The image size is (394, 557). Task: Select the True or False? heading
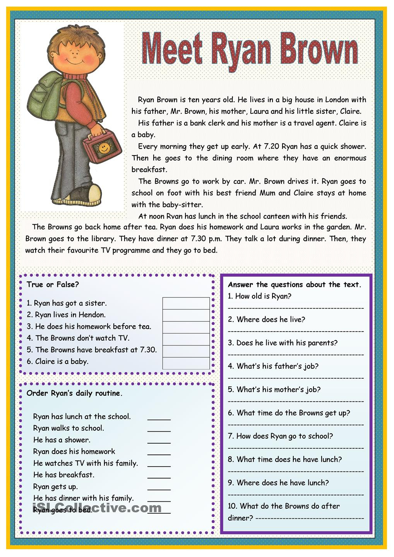(53, 285)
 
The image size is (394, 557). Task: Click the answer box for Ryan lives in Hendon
(186, 315)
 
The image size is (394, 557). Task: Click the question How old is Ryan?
(259, 296)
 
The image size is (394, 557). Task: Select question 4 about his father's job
(273, 366)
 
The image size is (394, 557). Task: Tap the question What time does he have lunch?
(285, 460)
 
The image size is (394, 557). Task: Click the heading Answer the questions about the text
(294, 285)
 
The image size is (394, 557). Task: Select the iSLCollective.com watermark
(97, 507)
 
